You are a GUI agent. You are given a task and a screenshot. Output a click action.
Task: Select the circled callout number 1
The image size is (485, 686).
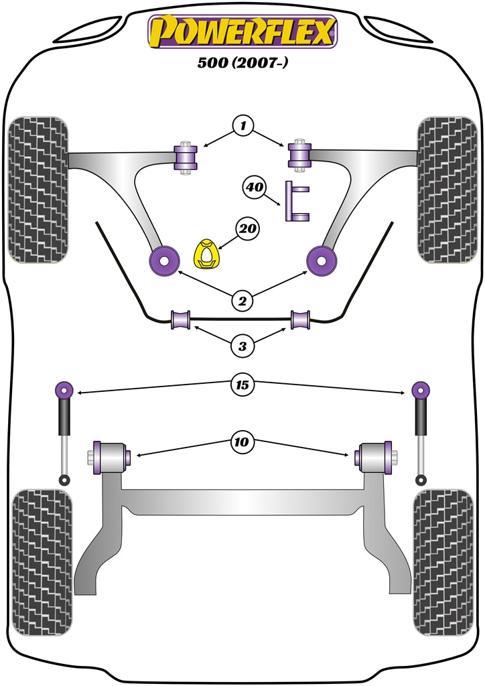point(243,125)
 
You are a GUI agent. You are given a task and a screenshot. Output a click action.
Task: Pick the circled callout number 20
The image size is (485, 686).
point(248,229)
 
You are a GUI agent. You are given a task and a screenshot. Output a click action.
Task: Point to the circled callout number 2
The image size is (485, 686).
point(243,301)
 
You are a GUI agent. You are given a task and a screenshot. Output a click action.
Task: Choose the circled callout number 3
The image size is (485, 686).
point(242,346)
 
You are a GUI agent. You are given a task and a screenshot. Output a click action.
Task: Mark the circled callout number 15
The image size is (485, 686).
point(242,385)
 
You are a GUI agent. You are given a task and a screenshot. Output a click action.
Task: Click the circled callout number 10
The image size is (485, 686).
point(242,441)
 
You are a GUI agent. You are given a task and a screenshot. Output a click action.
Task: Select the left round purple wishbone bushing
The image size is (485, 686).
point(164,259)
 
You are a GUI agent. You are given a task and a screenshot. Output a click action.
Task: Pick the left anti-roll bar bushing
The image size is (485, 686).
point(182,320)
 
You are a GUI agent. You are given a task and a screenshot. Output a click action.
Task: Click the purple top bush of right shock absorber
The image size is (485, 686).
point(421,389)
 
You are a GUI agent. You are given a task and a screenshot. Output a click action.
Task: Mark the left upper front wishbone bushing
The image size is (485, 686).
point(184,158)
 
